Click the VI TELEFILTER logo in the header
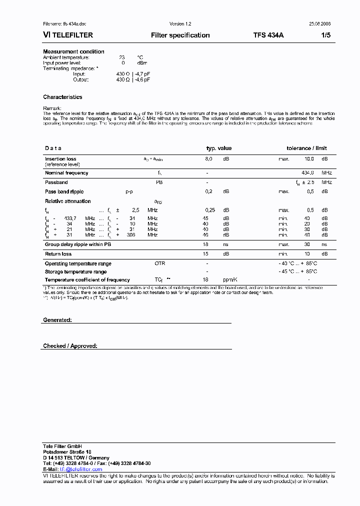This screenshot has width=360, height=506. point(68,35)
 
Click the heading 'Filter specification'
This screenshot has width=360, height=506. point(180,35)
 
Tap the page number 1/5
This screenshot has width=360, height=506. point(326,35)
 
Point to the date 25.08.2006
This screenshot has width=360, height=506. point(319,24)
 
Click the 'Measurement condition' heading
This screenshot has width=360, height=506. point(73,51)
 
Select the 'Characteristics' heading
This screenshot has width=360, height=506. point(62,97)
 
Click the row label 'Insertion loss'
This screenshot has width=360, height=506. point(60,158)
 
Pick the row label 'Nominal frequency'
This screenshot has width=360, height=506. point(66,173)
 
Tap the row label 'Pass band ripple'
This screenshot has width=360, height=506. point(64,191)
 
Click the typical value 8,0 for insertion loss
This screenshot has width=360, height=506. point(209,158)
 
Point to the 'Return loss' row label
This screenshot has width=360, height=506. point(58,254)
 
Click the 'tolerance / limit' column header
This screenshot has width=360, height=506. point(306,148)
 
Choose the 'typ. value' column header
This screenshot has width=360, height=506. point(219,148)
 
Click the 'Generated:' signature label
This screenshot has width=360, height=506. point(57,319)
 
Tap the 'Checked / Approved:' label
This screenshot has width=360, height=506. point(70,346)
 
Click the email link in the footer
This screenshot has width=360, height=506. point(81,469)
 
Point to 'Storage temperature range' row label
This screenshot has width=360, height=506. point(75,271)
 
